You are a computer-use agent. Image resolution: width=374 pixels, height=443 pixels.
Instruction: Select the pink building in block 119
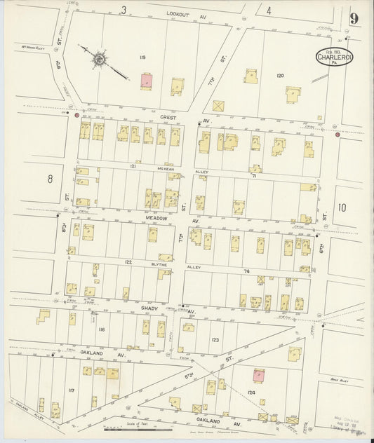coord(147,81)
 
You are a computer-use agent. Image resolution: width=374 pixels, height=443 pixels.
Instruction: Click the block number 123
coord(214,339)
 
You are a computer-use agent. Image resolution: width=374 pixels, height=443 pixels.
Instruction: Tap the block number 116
coord(101,329)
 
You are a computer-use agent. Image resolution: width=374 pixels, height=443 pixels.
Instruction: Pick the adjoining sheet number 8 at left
coord(50,179)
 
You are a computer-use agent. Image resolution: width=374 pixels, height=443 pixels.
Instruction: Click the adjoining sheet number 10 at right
coord(341,207)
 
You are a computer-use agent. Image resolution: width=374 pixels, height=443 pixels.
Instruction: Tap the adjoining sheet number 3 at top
coord(123,10)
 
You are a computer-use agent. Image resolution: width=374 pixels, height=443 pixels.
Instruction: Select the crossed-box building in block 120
coord(219,106)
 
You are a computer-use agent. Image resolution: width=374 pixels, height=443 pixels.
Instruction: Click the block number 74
coord(247,270)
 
